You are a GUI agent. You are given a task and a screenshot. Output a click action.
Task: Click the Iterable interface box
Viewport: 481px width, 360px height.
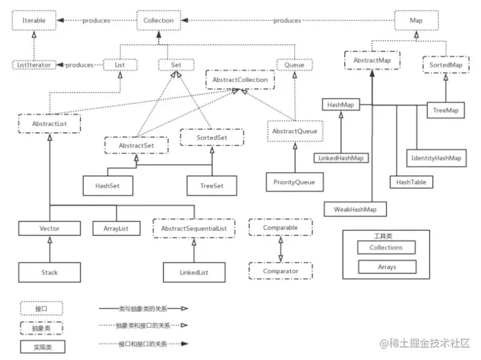(34, 20)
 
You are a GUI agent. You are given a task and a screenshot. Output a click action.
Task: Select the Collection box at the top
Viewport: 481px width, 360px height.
(159, 20)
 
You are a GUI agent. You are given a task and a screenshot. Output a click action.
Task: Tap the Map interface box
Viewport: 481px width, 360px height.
(416, 20)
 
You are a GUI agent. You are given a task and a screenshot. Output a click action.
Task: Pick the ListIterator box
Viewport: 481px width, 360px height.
(34, 65)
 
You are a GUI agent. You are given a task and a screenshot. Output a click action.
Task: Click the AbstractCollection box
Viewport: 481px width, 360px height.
(240, 80)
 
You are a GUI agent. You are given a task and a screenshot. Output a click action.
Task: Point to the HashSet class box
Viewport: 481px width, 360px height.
(107, 185)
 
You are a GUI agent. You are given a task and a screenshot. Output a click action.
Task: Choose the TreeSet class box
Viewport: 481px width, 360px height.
(212, 185)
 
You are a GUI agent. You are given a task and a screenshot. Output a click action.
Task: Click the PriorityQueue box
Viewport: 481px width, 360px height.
(294, 182)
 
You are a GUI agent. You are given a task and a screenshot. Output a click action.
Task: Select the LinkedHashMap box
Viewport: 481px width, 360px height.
(341, 158)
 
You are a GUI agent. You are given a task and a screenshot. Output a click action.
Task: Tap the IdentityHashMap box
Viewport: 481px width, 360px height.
(436, 158)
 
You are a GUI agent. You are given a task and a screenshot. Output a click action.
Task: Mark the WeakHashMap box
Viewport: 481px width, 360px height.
(355, 209)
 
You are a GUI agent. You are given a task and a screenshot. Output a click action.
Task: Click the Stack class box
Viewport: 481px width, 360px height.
(49, 272)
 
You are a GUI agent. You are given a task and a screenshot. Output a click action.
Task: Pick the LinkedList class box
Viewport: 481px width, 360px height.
(194, 272)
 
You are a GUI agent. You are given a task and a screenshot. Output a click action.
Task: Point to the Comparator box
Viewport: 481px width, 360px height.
(281, 271)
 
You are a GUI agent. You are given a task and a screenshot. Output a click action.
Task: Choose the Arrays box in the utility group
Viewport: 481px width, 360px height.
(387, 267)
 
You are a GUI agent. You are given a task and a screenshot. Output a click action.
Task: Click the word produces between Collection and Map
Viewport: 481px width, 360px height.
(287, 21)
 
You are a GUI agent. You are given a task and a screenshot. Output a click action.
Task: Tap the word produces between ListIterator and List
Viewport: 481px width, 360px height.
(79, 65)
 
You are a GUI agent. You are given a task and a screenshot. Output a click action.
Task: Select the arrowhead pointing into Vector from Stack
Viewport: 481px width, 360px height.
(49, 240)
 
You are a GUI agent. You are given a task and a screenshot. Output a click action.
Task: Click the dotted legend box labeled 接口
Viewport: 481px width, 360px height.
(42, 309)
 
